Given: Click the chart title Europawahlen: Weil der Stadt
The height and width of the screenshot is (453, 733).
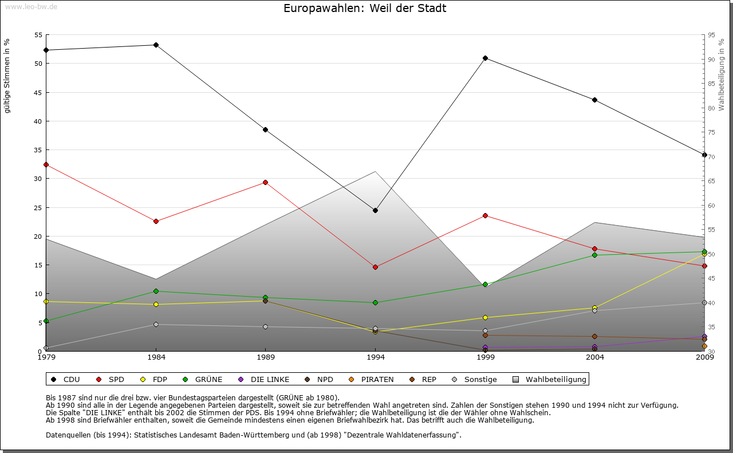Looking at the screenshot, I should coord(365,9).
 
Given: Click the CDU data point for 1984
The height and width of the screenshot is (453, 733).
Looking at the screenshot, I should coord(156,45).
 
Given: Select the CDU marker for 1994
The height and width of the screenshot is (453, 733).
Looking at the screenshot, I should coord(375,210).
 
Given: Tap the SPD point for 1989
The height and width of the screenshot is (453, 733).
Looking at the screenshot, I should coord(265,182).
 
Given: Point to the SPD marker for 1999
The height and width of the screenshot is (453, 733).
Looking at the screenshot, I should coord(485,215).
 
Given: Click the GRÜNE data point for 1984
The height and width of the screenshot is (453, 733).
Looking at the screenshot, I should coord(156,291).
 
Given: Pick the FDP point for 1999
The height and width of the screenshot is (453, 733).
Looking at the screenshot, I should coord(485,317).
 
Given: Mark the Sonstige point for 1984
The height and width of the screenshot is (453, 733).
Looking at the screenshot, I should coord(156,324).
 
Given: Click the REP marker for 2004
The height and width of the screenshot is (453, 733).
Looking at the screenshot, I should coord(595,336).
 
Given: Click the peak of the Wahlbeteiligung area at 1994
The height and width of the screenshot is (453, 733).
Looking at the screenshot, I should coord(375,171).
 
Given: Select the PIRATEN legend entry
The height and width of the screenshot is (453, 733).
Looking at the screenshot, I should coord(372,379).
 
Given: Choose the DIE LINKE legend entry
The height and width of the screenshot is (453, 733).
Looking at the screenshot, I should coord(264,379).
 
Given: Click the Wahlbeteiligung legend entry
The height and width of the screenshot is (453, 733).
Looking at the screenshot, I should coord(550,379).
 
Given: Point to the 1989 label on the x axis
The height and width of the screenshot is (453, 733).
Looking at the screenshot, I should coord(266,357).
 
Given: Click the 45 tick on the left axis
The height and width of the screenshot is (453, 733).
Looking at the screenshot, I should coord(38,92).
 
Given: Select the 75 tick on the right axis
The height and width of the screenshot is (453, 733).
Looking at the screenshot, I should coord(711,132).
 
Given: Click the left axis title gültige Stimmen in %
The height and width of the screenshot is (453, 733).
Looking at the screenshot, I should coord(7,76).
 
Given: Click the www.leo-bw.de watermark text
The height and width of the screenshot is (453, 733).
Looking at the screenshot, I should coord(30,6).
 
